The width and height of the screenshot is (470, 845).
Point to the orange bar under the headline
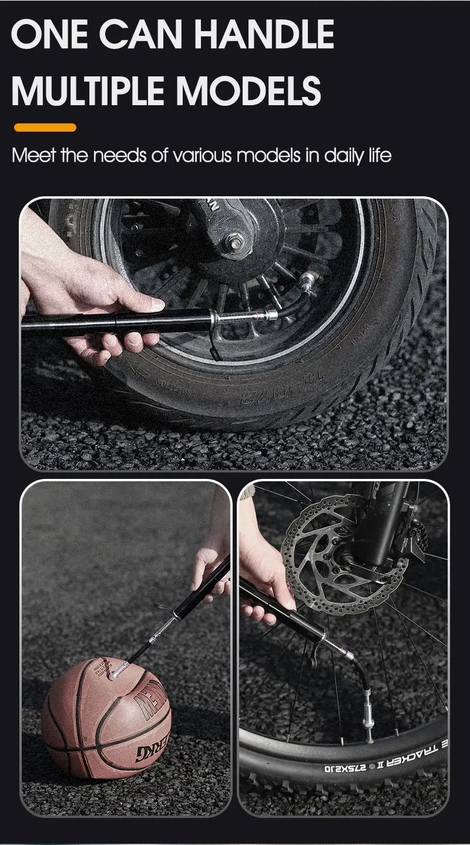tap(45, 128)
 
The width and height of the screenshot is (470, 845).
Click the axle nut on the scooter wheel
tap(235, 241)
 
